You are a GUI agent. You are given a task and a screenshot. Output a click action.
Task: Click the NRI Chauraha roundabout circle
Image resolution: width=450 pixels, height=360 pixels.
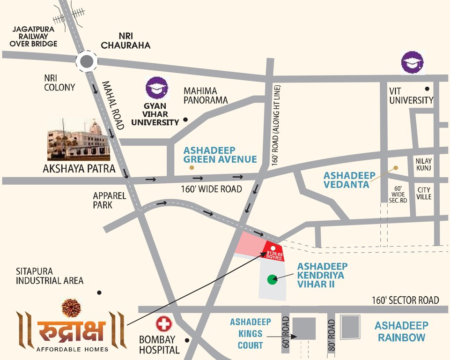(x=87, y=61)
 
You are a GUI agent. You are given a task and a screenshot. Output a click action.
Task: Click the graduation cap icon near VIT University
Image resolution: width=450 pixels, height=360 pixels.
(x=413, y=63)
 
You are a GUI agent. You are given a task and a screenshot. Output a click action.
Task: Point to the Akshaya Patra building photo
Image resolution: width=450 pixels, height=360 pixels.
(x=78, y=139)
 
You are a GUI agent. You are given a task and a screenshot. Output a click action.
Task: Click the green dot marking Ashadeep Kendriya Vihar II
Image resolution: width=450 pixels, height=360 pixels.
(x=272, y=280)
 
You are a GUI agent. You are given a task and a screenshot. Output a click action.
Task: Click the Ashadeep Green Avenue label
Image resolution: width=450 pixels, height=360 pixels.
(x=220, y=155)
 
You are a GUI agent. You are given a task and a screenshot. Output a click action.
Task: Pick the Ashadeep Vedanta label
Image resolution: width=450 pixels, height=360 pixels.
(x=349, y=180)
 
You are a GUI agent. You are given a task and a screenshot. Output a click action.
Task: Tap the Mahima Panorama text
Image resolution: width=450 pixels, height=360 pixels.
(x=206, y=95)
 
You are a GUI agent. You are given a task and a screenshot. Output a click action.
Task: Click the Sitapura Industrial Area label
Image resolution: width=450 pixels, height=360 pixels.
(x=50, y=276)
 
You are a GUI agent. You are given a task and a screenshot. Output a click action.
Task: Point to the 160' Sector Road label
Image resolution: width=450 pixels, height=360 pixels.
(x=406, y=300)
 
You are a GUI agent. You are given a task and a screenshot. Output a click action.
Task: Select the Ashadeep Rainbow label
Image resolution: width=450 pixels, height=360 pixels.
(x=401, y=331)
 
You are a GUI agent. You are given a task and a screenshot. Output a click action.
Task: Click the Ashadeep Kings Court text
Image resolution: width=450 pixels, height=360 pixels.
(x=250, y=334)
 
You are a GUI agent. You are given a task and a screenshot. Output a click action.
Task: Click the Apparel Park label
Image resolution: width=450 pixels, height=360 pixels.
(x=109, y=200)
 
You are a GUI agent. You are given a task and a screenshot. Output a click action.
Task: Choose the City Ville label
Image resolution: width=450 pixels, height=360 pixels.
(x=424, y=193)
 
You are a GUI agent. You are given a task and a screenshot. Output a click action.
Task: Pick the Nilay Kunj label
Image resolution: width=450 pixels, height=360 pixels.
(x=423, y=164)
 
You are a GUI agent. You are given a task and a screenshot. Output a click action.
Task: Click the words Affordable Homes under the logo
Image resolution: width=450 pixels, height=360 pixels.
(x=72, y=349)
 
